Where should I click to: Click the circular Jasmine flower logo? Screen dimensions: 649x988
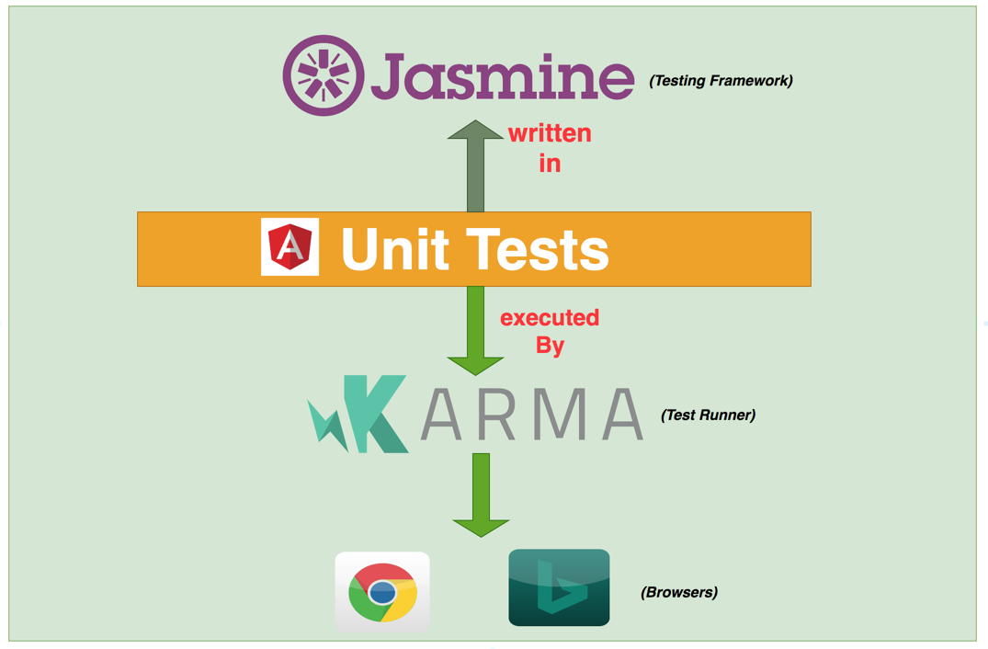pos(323,75)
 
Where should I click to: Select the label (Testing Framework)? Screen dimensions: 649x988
pos(721,81)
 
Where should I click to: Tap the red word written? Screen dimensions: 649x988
pos(550,133)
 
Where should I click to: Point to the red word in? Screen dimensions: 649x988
pos(550,164)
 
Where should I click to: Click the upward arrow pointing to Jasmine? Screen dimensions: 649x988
pos(475,165)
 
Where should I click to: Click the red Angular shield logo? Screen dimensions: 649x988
pos(290,247)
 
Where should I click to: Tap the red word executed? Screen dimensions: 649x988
pos(550,318)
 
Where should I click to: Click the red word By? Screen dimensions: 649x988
pos(550,346)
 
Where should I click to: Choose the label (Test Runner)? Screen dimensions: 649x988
pos(708,416)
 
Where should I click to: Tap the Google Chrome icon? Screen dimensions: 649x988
pos(382,592)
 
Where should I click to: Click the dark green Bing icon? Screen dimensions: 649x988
pos(559,588)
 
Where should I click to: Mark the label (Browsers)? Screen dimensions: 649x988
pos(678,593)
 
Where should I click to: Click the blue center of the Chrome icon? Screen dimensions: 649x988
pos(382,593)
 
